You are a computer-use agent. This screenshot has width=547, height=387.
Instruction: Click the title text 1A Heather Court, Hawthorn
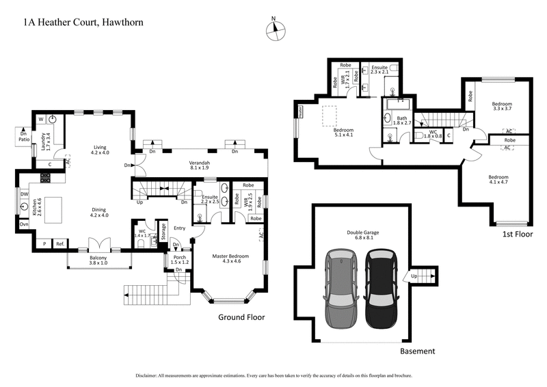83,22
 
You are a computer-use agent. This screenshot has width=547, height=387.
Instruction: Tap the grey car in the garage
340,286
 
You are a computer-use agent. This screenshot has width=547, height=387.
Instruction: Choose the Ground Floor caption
241,317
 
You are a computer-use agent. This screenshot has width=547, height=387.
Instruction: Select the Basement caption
417,351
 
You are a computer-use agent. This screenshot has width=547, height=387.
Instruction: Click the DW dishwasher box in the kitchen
25,193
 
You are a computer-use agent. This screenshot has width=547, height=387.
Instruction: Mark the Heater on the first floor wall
299,111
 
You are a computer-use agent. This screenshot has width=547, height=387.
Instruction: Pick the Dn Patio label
24,137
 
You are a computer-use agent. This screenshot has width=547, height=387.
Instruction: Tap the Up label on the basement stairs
414,276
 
